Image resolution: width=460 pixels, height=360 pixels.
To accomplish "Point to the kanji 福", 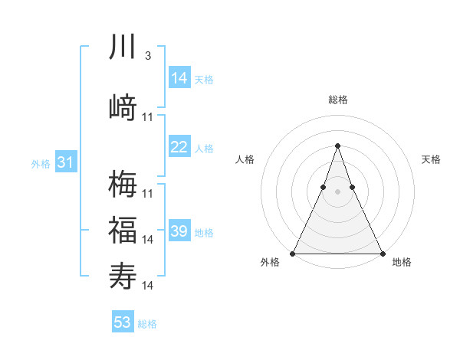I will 123,229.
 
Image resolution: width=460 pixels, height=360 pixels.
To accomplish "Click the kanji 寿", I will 123,275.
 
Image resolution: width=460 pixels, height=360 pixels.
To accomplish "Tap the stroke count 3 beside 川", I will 147,56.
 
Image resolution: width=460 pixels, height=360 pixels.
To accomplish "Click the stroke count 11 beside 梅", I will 148,193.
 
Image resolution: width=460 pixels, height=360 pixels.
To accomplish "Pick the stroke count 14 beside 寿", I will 148,285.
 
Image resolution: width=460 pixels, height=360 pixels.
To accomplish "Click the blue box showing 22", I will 179,147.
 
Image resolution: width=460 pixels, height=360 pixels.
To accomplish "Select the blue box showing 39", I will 179,231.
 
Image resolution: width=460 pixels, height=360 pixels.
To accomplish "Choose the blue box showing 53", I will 122,322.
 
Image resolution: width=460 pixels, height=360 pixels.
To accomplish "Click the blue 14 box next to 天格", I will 179,77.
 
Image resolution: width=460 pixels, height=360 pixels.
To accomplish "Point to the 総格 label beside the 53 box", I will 147,324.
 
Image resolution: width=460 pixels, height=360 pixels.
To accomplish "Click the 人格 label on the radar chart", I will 245,159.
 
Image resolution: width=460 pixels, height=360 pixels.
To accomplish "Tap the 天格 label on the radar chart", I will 431,159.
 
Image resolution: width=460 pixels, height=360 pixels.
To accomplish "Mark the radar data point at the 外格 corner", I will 293,253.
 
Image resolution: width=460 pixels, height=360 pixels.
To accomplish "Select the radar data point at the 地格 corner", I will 382,253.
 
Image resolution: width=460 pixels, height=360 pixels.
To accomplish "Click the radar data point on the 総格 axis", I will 337,146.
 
